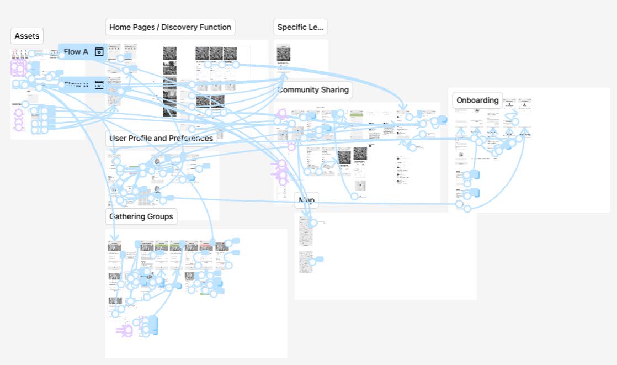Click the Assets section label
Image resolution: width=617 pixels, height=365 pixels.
pyautogui.click(x=26, y=36)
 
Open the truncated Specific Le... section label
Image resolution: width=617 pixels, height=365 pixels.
pyautogui.click(x=300, y=27)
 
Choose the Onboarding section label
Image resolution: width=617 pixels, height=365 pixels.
pyautogui.click(x=477, y=100)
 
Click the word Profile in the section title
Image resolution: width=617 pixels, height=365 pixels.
pyautogui.click(x=144, y=138)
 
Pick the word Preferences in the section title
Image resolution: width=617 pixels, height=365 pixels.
pyautogui.click(x=188, y=138)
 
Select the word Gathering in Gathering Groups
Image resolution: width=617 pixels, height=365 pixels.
pyautogui.click(x=126, y=216)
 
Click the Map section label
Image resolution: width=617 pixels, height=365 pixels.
pyautogui.click(x=306, y=200)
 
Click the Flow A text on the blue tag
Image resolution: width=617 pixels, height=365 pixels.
pyautogui.click(x=76, y=52)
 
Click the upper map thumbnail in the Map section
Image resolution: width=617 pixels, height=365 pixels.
pyautogui.click(x=305, y=231)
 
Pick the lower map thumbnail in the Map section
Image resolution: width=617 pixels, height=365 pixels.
pyautogui.click(x=305, y=262)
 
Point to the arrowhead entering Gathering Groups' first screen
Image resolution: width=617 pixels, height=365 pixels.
pyautogui.click(x=114, y=239)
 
